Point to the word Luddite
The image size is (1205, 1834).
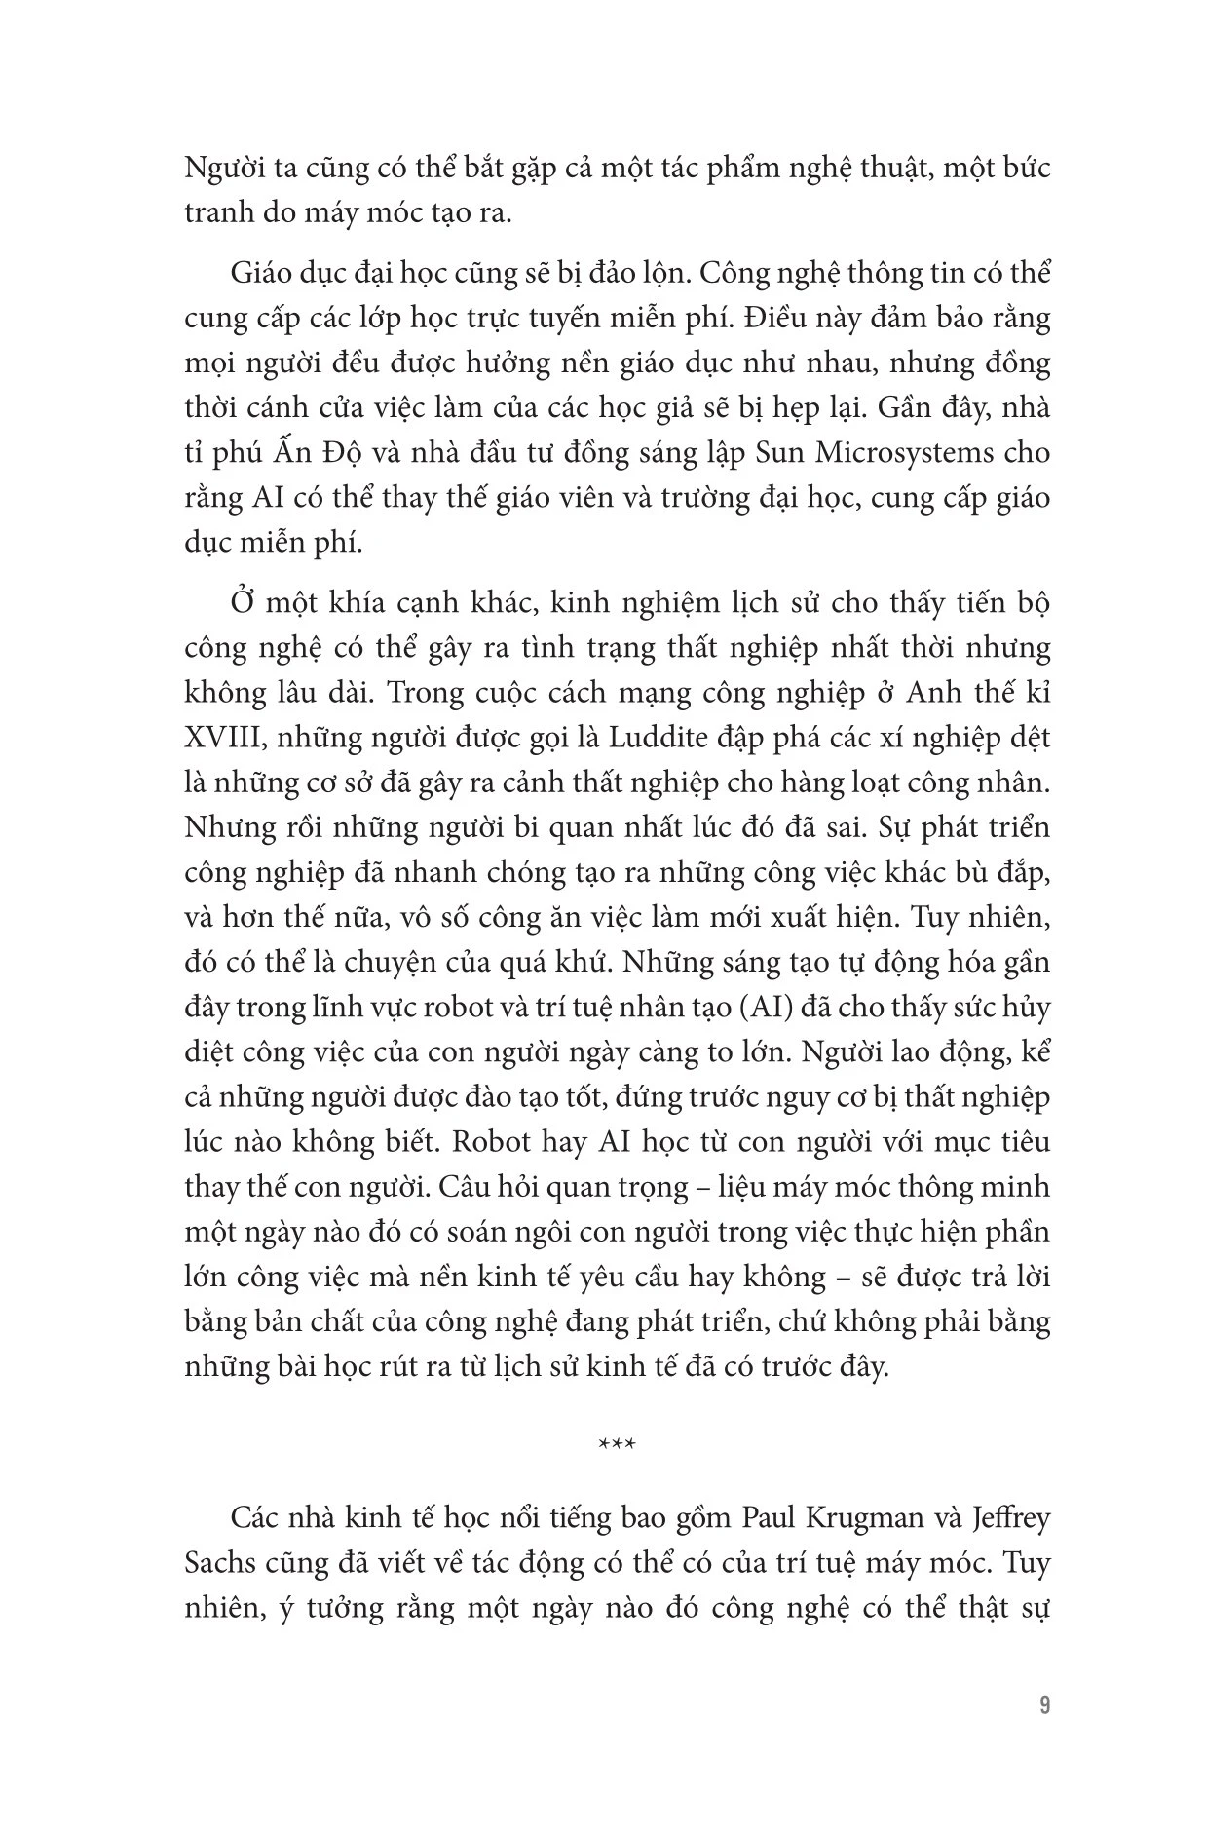click(662, 737)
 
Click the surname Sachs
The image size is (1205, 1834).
click(220, 1563)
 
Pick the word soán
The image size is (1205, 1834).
click(454, 1232)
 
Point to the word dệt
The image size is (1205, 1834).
click(1026, 737)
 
